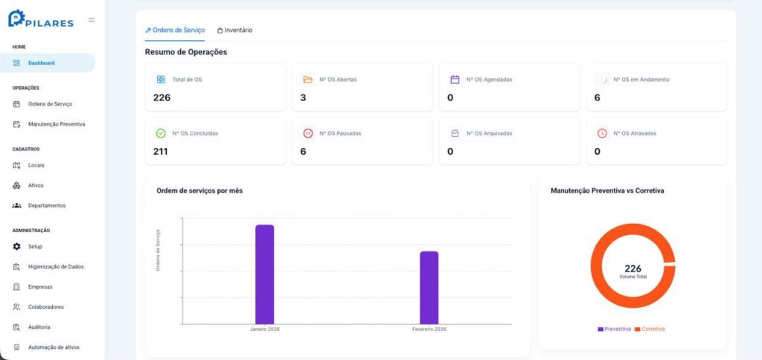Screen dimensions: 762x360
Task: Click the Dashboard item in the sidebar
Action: pyautogui.click(x=42, y=62)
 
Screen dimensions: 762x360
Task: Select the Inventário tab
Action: pyautogui.click(x=234, y=30)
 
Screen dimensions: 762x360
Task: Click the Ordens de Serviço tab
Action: pyautogui.click(x=175, y=30)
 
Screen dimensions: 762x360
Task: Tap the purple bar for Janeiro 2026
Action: pyautogui.click(x=265, y=274)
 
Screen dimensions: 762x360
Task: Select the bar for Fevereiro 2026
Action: pyautogui.click(x=429, y=288)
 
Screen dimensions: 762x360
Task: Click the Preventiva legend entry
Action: pyautogui.click(x=614, y=329)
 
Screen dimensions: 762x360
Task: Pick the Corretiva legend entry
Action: pyautogui.click(x=650, y=329)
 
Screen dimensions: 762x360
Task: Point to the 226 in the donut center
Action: pyautogui.click(x=633, y=269)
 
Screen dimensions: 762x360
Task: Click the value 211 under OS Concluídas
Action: pyautogui.click(x=161, y=152)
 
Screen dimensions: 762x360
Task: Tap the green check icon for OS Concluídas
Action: pyautogui.click(x=161, y=133)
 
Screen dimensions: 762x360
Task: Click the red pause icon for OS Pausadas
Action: pyautogui.click(x=307, y=133)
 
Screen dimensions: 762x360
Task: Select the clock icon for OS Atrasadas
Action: pyautogui.click(x=602, y=133)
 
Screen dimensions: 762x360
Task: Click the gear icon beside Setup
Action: pyautogui.click(x=16, y=246)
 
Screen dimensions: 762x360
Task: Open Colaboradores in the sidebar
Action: pyautogui.click(x=45, y=307)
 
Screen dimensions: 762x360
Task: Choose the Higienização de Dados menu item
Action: pyautogui.click(x=56, y=267)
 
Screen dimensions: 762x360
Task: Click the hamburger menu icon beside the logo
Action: pyautogui.click(x=92, y=20)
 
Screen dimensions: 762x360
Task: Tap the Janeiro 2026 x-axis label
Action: pyautogui.click(x=265, y=329)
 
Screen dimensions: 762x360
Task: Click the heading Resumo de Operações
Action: pyautogui.click(x=186, y=52)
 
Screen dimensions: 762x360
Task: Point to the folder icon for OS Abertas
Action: pyautogui.click(x=307, y=80)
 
